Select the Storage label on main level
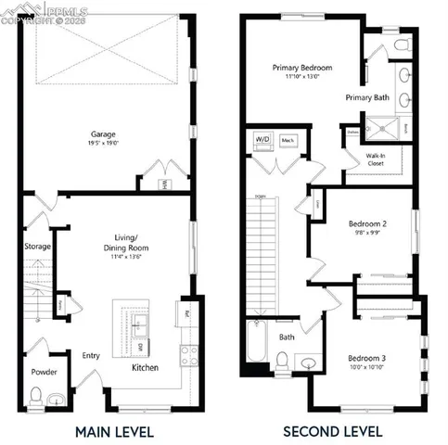pyautogui.click(x=37, y=247)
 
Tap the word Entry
pyautogui.click(x=91, y=355)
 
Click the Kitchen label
pyautogui.click(x=145, y=368)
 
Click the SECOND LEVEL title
pyautogui.click(x=332, y=431)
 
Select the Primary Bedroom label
pyautogui.click(x=301, y=68)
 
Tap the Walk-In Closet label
pyautogui.click(x=376, y=159)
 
